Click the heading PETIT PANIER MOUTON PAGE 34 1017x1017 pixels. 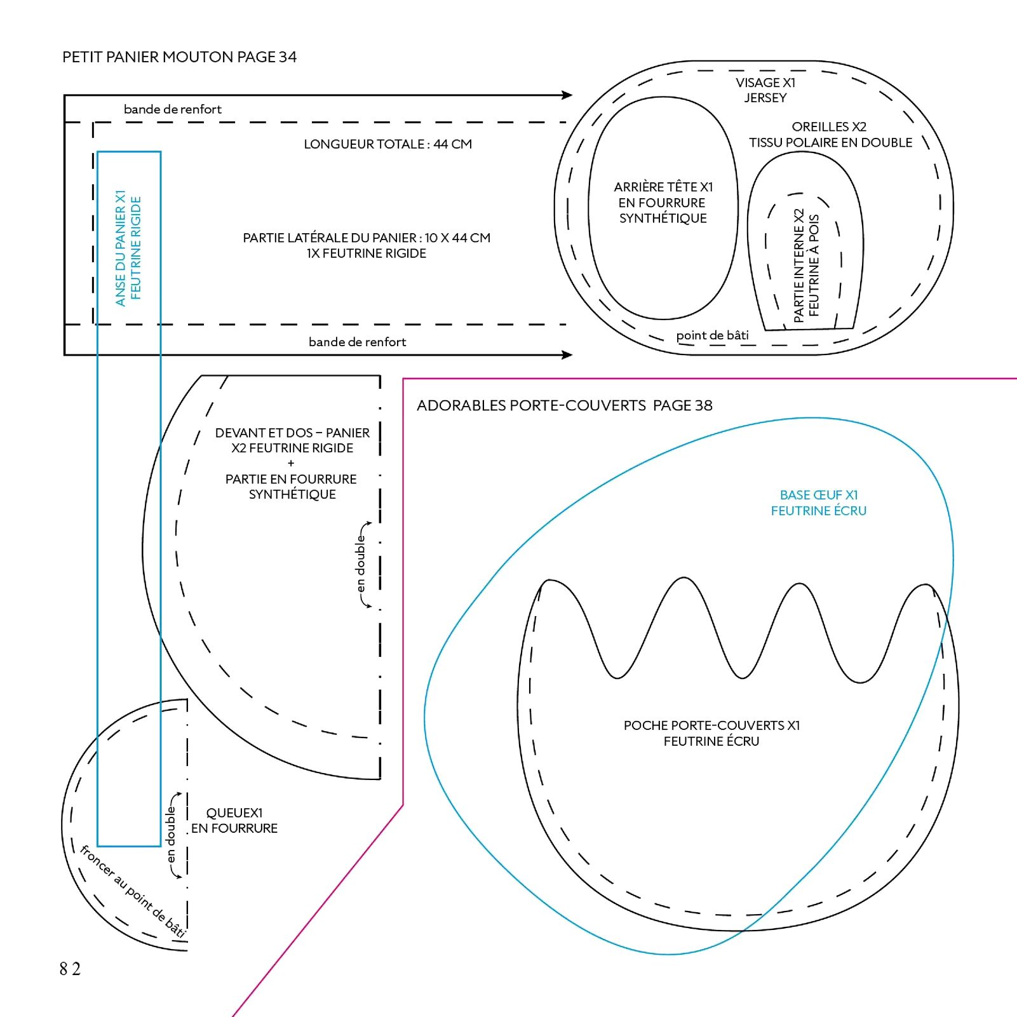(x=179, y=57)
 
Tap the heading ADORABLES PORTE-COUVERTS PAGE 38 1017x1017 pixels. (x=564, y=405)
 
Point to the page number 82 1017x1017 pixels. (x=70, y=969)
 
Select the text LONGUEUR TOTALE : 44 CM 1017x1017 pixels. (x=387, y=144)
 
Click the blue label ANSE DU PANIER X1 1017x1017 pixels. (x=120, y=248)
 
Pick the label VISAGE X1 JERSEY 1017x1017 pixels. (x=765, y=90)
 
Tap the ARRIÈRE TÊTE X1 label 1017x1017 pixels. (x=663, y=187)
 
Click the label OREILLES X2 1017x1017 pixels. (x=829, y=127)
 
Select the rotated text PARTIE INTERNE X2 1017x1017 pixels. (x=799, y=266)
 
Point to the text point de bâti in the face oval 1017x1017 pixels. (x=712, y=335)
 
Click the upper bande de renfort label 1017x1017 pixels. (x=173, y=109)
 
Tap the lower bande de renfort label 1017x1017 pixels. (x=357, y=342)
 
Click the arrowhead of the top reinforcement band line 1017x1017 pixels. (x=568, y=95)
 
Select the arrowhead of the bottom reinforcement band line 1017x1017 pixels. (x=568, y=354)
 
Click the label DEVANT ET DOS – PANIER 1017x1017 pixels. (x=292, y=433)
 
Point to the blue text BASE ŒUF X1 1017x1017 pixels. (x=819, y=495)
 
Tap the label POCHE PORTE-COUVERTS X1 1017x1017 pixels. (x=711, y=725)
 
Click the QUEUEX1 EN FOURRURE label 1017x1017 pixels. (x=234, y=820)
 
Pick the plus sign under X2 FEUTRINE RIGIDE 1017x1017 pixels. (x=291, y=463)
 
